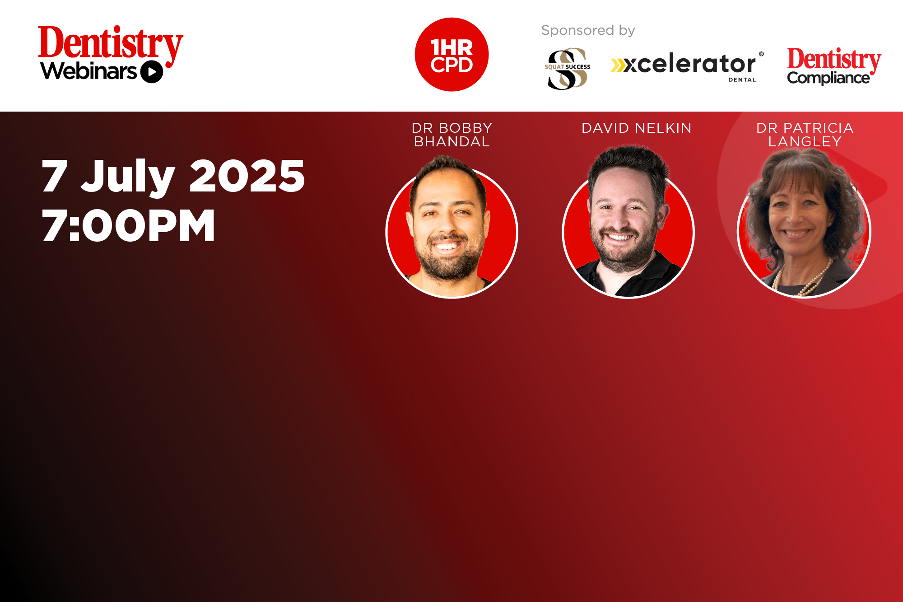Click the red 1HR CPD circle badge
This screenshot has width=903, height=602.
(451, 55)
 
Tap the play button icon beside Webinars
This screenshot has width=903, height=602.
(152, 72)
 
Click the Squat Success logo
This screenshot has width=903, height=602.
(568, 69)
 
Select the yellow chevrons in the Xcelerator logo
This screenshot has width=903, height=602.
(618, 65)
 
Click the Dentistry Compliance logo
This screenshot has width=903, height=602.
(834, 66)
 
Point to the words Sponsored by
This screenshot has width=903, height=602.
(588, 30)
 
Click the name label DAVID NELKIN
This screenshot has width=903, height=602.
(636, 128)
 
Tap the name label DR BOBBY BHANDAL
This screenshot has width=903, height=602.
(451, 135)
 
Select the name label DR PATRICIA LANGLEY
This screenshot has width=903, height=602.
(805, 135)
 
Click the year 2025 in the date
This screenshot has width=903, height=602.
(247, 176)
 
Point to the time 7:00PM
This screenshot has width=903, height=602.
(128, 225)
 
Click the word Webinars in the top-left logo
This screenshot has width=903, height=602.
(88, 71)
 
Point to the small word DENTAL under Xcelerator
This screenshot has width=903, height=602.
(742, 80)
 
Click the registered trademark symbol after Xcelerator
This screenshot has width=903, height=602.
(761, 54)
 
